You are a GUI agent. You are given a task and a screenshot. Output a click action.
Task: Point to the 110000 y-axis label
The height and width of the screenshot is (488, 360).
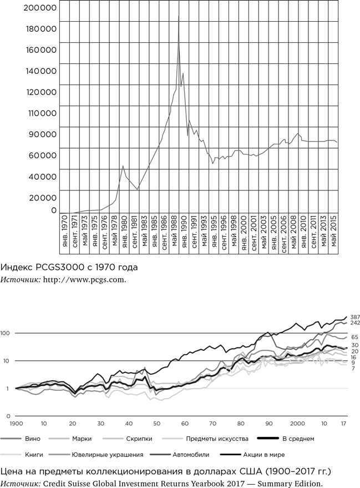tap(41, 113)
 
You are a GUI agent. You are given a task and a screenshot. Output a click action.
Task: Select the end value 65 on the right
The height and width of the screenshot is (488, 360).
tap(354, 337)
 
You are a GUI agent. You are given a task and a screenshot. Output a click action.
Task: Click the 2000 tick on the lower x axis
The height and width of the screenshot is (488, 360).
tap(297, 423)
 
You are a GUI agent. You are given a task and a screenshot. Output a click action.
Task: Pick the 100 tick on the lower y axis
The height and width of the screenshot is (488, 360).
tap(7, 333)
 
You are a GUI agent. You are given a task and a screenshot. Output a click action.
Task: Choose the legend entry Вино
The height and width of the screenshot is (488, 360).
tap(33, 439)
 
